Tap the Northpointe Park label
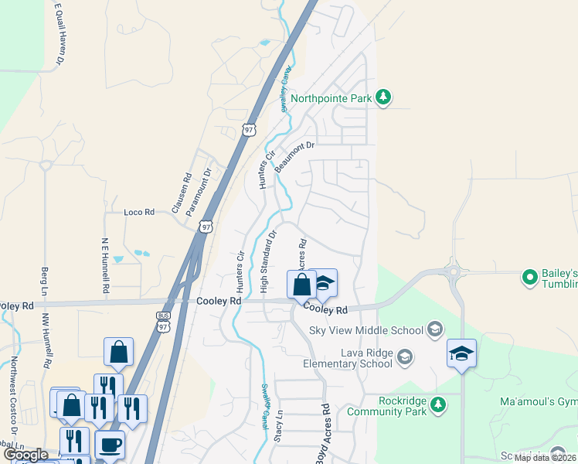[331, 99]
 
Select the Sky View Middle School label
[366, 330]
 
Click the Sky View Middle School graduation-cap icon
[434, 330]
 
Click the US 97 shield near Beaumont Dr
[248, 130]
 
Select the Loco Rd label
[139, 211]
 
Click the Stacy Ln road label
[278, 447]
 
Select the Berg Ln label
[44, 283]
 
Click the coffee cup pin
[109, 445]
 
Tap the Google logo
[26, 455]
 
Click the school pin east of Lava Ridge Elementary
[461, 354]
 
